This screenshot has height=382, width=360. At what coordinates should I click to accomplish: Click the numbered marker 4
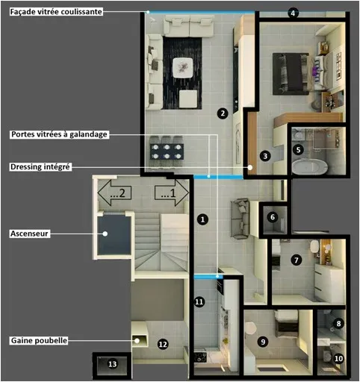[293, 13]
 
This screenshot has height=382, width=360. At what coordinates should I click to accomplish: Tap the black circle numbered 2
[223, 113]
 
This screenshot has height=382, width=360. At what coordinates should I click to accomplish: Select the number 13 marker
[112, 364]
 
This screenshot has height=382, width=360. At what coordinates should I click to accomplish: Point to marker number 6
[273, 217]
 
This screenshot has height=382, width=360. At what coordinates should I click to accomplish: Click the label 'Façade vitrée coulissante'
[56, 12]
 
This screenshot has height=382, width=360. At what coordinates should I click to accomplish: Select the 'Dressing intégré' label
[40, 166]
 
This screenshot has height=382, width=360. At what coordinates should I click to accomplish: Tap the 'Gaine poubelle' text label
[39, 340]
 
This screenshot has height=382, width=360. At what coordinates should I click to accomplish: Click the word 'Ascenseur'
[29, 234]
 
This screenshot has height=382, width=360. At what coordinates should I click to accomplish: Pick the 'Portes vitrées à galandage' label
[59, 134]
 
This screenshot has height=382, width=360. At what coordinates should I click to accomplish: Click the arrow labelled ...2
[114, 193]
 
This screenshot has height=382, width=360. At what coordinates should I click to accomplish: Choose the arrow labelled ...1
[172, 193]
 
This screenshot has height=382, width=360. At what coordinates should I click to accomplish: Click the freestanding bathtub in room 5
[309, 166]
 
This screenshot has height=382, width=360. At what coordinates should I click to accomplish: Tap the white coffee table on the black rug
[183, 68]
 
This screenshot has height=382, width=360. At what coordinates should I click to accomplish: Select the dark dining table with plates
[167, 151]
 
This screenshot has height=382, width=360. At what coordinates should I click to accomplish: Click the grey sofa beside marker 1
[240, 219]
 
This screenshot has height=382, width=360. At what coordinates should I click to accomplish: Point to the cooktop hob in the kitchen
[200, 357]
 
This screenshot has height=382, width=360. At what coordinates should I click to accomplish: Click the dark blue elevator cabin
[114, 235]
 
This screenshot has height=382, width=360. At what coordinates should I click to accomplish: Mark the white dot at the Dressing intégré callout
[250, 167]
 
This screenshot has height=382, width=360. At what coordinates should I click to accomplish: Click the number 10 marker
[338, 358]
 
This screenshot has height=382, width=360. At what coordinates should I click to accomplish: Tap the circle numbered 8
[338, 324]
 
